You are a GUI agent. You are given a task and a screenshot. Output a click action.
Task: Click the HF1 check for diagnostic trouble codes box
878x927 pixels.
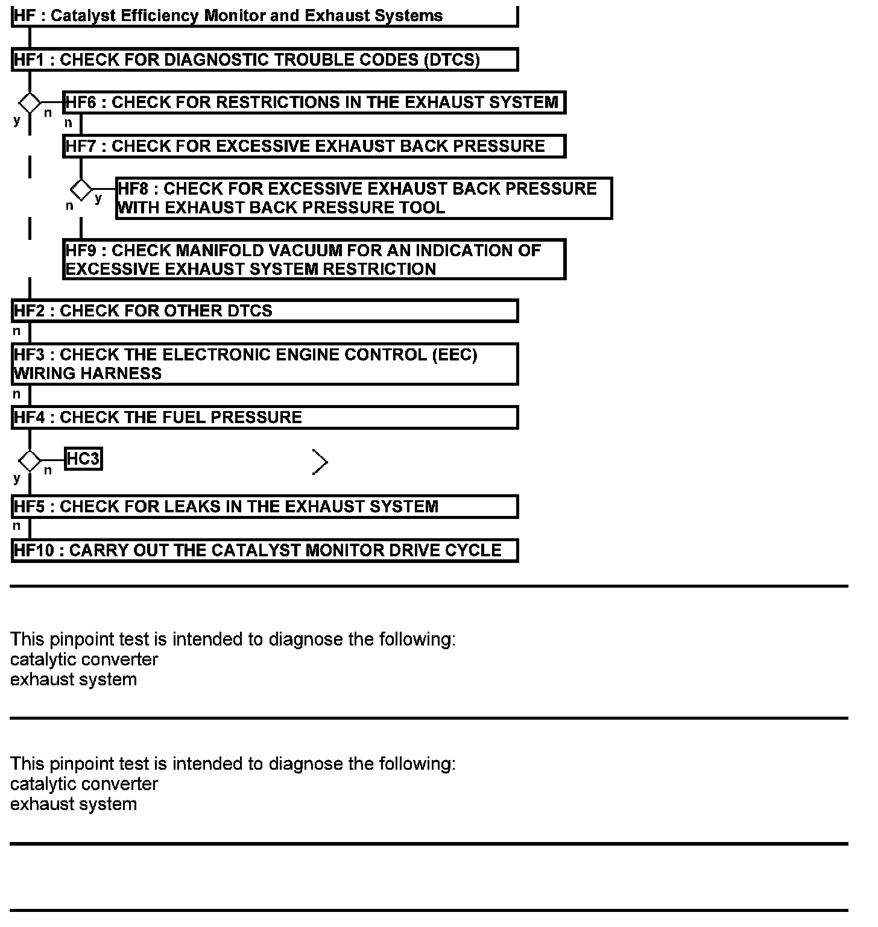click(264, 60)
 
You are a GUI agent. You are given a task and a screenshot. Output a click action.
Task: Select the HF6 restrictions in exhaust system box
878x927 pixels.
click(314, 102)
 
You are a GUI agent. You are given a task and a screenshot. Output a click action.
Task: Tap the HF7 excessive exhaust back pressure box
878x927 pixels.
click(314, 146)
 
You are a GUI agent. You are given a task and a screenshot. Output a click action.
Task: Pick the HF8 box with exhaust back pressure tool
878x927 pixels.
click(364, 198)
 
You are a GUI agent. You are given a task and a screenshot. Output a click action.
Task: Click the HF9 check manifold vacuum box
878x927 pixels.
click(314, 260)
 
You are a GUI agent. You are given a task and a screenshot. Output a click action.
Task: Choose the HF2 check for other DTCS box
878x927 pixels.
click(264, 311)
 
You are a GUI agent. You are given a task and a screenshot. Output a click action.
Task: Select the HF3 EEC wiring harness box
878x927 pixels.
click(264, 364)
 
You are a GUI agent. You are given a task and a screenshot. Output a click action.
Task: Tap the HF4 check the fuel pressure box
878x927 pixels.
click(264, 418)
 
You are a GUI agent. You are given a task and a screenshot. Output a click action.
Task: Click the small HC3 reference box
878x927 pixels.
click(83, 459)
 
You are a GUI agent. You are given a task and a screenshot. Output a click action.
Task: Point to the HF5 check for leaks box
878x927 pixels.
click(264, 506)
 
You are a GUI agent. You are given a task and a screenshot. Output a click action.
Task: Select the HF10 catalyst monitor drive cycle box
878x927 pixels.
click(264, 550)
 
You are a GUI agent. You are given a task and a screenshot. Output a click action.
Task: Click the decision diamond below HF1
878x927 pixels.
click(30, 102)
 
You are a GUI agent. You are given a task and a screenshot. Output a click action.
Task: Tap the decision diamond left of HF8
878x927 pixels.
click(81, 190)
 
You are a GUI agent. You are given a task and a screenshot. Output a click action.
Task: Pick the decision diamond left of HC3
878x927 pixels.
click(30, 462)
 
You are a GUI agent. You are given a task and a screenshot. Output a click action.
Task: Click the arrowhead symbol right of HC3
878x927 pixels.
click(320, 462)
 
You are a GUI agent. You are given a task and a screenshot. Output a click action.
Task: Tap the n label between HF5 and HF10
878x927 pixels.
click(17, 526)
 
